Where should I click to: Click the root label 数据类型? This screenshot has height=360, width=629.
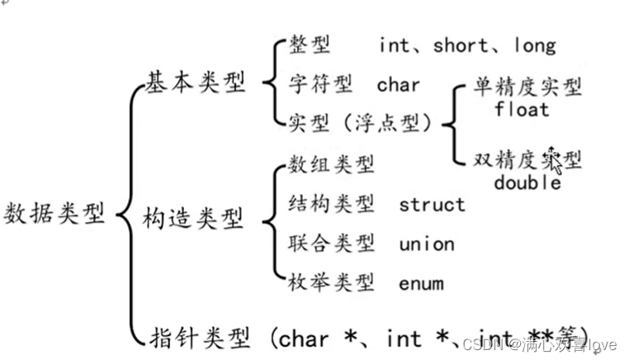click(x=55, y=213)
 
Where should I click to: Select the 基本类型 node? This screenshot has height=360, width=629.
click(x=196, y=83)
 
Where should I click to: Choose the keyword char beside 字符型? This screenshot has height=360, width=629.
click(x=399, y=84)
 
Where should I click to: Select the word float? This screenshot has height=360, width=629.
click(x=523, y=108)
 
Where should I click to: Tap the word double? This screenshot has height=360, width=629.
click(x=527, y=182)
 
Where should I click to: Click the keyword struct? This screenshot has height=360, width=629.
click(x=432, y=204)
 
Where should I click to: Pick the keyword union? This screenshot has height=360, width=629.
click(x=427, y=244)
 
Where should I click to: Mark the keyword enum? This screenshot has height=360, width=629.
click(x=421, y=283)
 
